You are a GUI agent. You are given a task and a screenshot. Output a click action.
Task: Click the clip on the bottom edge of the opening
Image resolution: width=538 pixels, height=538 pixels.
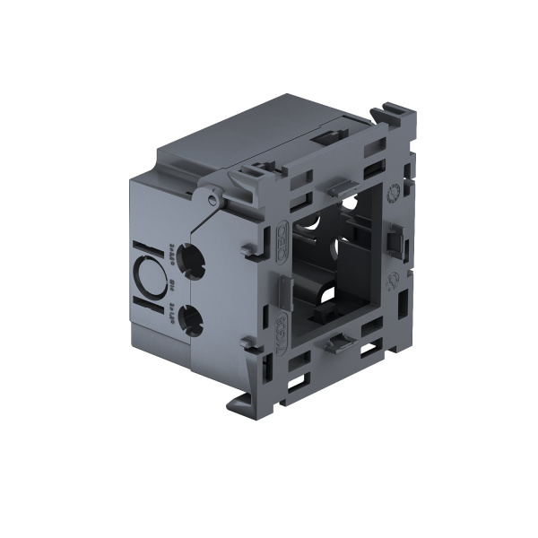point(342,343)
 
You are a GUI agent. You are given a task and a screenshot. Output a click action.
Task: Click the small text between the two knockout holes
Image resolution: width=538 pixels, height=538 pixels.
point(170,289)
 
